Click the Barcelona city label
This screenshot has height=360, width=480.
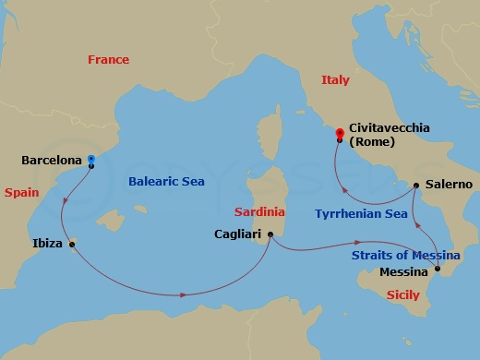click(51, 160)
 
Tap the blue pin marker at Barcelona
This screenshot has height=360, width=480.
click(90, 159)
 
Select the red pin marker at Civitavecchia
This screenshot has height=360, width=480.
click(340, 134)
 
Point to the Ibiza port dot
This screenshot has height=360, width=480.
click(73, 244)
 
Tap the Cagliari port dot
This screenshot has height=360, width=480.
click(270, 234)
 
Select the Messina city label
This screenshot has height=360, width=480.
click(404, 272)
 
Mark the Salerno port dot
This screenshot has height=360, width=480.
click(416, 185)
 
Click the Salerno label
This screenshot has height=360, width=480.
click(449, 185)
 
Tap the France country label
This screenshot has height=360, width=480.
click(108, 59)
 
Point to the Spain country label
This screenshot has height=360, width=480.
click(20, 193)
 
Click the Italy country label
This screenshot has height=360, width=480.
click(335, 80)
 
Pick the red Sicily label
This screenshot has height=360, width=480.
click(401, 294)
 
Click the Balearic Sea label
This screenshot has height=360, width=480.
click(166, 182)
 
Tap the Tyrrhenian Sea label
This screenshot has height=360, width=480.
click(361, 212)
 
